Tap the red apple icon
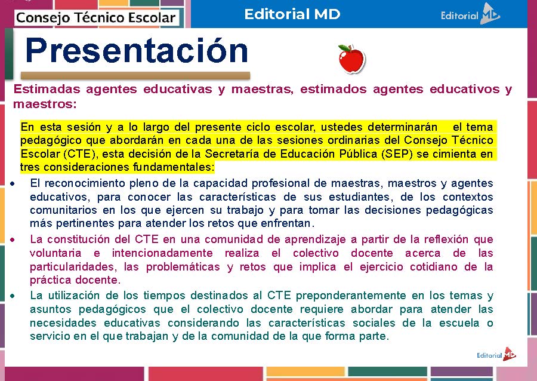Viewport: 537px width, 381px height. (x=351, y=59)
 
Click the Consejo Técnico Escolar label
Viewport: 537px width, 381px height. (x=95, y=17)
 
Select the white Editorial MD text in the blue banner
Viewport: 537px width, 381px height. (x=292, y=14)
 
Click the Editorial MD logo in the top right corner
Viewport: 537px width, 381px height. (x=470, y=15)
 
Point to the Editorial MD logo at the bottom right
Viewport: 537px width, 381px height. (x=496, y=355)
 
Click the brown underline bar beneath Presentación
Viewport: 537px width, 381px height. (x=135, y=76)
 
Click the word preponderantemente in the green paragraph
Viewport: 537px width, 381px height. (x=355, y=296)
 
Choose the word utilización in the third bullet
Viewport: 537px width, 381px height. (x=74, y=296)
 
